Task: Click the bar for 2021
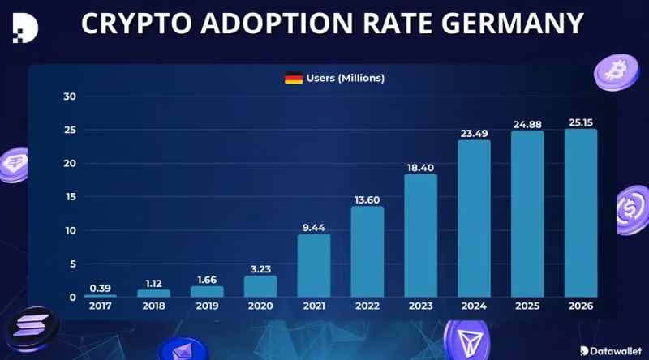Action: [x=314, y=266]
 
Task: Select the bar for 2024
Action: [x=474, y=218]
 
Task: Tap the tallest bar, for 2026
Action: [x=581, y=213]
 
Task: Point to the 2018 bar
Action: [x=153, y=294]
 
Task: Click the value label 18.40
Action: [x=420, y=168]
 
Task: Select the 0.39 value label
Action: [x=100, y=288]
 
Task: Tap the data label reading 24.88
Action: [x=527, y=125]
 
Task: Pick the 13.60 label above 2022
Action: [x=367, y=199]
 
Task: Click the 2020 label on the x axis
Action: [x=260, y=306]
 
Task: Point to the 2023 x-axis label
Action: [x=420, y=306]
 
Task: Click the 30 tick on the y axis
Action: [x=70, y=96]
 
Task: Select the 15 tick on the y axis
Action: [x=71, y=197]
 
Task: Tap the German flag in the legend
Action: [x=294, y=78]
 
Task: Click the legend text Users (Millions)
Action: [x=346, y=78]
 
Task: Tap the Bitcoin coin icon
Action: [x=617, y=72]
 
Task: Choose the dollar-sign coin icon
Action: [x=632, y=209]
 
